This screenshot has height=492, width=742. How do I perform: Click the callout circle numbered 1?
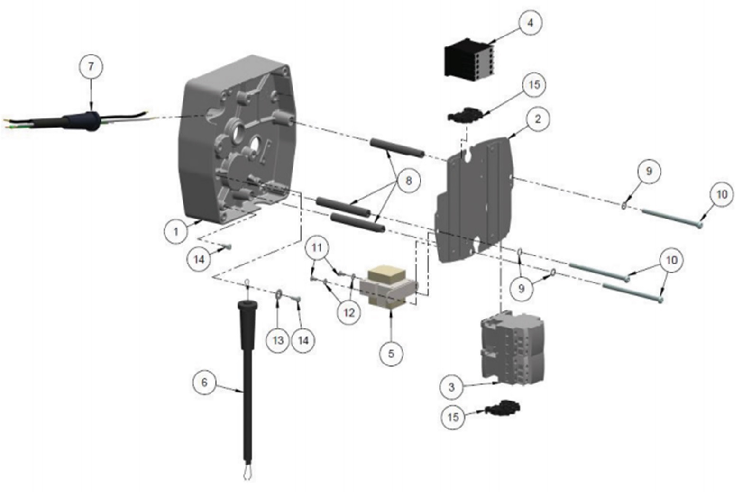pos(176,231)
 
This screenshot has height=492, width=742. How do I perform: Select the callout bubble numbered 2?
pos(537,119)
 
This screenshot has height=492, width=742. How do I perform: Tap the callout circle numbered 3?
pos(451,387)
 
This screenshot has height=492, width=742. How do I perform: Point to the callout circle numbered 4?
pos(530,22)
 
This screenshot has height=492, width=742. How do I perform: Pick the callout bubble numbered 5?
pos(391,354)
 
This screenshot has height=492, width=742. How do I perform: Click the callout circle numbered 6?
pos(204,382)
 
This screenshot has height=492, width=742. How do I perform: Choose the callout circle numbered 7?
pos(91,66)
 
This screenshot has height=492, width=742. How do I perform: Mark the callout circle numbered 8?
pos(408,181)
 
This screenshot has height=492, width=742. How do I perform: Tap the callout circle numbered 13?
pos(278,340)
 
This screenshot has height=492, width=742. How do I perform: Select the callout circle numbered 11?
pos(317,247)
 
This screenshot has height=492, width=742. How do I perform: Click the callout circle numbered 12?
pos(349,313)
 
